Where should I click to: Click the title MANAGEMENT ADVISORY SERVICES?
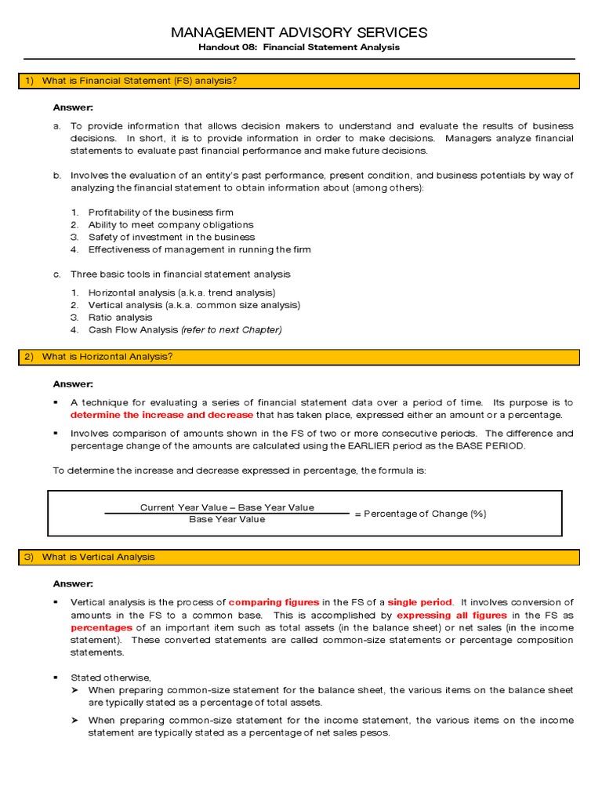coord(299,32)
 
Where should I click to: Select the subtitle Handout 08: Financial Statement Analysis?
coord(299,47)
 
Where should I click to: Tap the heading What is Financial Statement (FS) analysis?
coord(140,81)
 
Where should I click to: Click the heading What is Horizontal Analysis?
coord(107,357)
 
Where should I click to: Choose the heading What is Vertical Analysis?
coord(99,557)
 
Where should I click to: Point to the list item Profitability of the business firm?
coord(161,213)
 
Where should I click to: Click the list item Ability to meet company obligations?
coord(171,225)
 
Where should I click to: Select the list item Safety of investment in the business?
coord(172,238)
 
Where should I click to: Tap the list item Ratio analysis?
coord(120,318)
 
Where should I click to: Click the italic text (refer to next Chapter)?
coord(231,330)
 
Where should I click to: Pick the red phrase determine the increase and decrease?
coord(162,415)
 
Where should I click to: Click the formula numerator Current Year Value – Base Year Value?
coord(227,507)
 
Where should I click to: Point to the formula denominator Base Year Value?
coord(227,519)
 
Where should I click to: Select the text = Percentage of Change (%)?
coord(420,514)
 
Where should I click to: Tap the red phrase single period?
coord(419,602)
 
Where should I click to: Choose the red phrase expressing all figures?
coord(451,616)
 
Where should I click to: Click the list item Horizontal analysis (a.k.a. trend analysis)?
coord(182,292)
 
